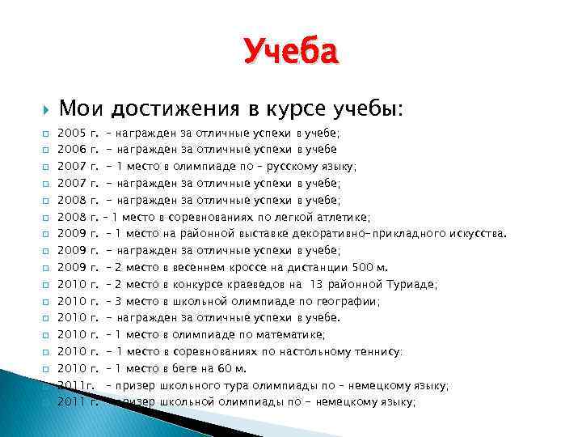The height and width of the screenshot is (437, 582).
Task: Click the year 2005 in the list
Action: click(x=73, y=132)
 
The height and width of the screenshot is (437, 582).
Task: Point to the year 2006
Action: click(x=73, y=149)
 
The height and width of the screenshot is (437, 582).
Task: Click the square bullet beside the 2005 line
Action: click(x=47, y=133)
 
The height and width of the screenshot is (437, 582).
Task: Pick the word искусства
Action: click(x=476, y=234)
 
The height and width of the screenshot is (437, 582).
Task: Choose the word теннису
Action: click(x=373, y=351)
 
